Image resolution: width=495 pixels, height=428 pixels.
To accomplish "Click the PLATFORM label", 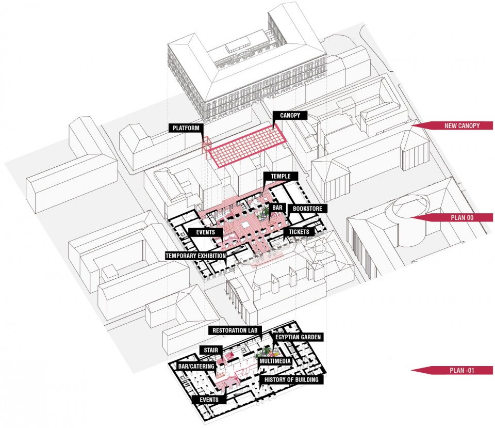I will pos(186,128).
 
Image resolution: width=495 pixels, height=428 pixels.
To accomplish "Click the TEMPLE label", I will pos(279,176).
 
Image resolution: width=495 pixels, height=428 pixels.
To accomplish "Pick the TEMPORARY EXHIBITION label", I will pos(195,256).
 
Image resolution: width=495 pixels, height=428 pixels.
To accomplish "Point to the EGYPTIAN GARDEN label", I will pos(298,337).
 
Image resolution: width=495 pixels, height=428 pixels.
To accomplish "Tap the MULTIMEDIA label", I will pos(275,362).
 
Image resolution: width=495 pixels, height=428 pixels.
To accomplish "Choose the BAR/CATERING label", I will pos(196,366).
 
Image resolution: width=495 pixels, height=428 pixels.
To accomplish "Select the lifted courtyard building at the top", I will pos(247,67).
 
